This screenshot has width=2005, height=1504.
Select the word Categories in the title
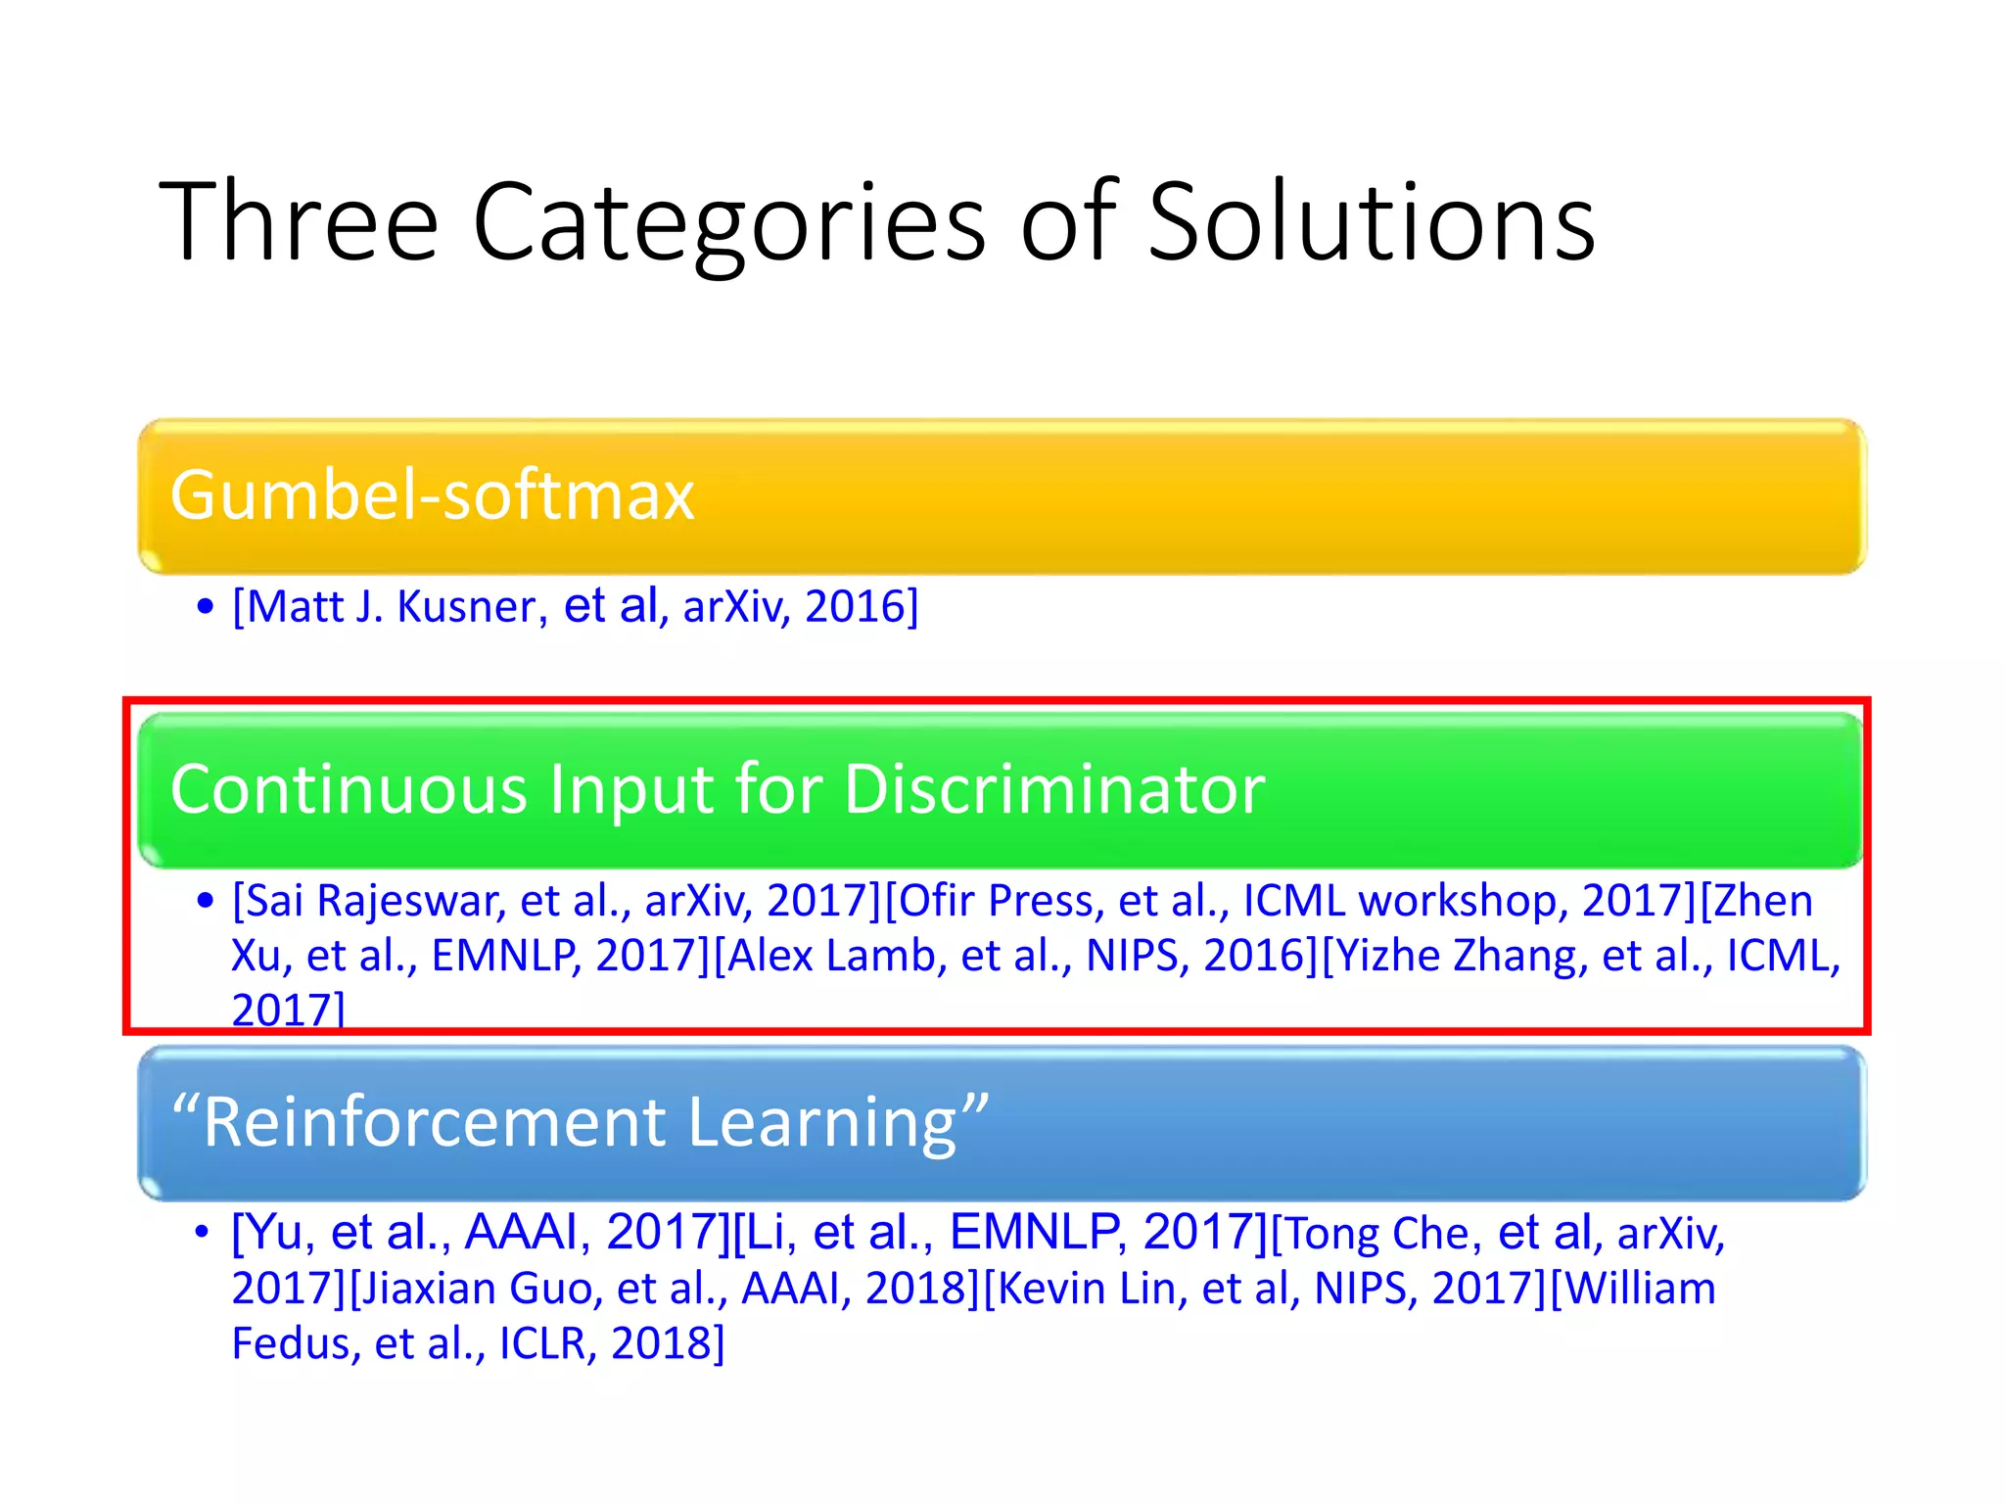click(729, 223)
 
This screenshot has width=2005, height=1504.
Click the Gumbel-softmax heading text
click(432, 494)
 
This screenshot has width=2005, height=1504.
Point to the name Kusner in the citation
click(466, 607)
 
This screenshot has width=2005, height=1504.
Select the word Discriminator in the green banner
click(1054, 789)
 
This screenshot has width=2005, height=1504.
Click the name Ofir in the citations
click(934, 901)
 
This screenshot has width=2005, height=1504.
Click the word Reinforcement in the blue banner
click(435, 1122)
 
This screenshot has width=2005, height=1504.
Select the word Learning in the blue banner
click(822, 1122)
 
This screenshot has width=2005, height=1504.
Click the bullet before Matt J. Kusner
click(205, 607)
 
